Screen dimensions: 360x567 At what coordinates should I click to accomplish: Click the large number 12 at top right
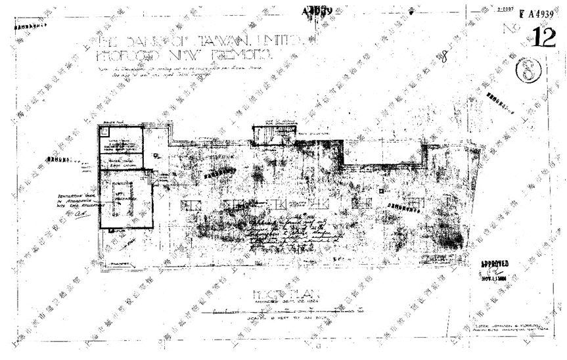[545, 38]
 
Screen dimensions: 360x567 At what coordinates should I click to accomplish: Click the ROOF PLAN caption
[272, 294]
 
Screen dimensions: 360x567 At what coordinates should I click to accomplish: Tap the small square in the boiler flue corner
[103, 131]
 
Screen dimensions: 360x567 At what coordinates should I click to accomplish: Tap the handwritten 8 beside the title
[444, 57]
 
